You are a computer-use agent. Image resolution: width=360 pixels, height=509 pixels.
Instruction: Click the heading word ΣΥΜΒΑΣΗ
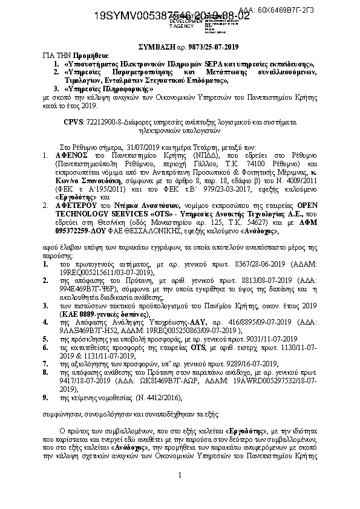tap(151, 47)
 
